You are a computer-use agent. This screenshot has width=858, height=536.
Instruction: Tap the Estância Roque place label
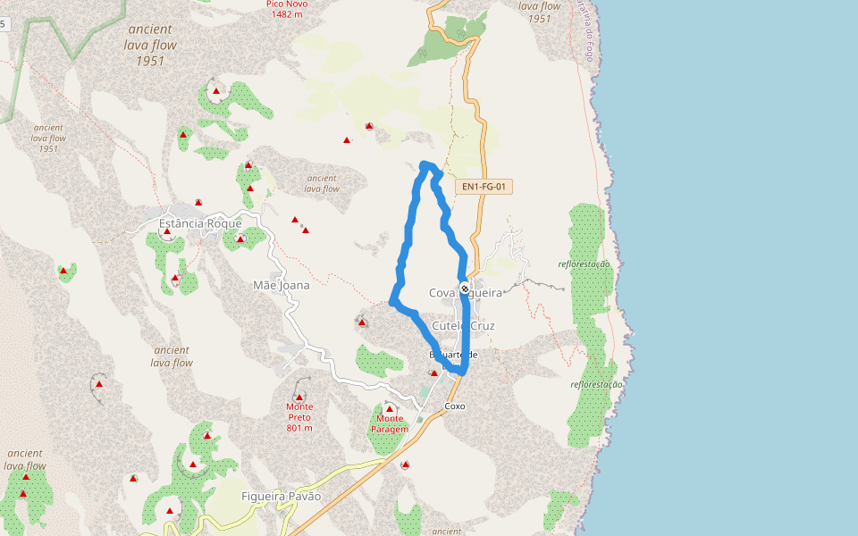tap(199, 223)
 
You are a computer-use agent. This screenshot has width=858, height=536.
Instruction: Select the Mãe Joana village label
tap(281, 286)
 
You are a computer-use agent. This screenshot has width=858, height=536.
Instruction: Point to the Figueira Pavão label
tap(281, 497)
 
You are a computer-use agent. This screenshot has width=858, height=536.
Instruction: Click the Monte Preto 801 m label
tap(299, 416)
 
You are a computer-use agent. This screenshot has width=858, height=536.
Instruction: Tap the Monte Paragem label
tap(390, 423)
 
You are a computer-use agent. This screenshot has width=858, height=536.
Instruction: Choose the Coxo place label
tap(455, 406)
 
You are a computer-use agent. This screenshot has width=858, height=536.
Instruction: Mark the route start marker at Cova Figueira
tap(465, 288)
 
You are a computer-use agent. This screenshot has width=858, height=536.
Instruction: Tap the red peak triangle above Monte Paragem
tap(390, 408)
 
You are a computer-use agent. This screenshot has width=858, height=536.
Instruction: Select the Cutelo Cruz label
tap(463, 326)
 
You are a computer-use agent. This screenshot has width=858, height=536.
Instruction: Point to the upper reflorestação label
tap(584, 264)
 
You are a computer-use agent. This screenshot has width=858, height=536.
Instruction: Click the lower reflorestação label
tap(596, 384)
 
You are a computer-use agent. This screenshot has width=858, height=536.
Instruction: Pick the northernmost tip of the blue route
tap(425, 163)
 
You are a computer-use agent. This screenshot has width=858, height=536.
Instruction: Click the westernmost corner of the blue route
tap(392, 302)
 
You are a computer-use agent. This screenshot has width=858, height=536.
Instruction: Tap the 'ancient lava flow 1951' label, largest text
tap(151, 45)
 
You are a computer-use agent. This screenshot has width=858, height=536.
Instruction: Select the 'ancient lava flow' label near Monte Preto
tap(171, 356)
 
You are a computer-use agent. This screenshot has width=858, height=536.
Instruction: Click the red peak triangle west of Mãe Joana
tap(63, 270)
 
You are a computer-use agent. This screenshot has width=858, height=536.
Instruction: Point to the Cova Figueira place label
tap(465, 293)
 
